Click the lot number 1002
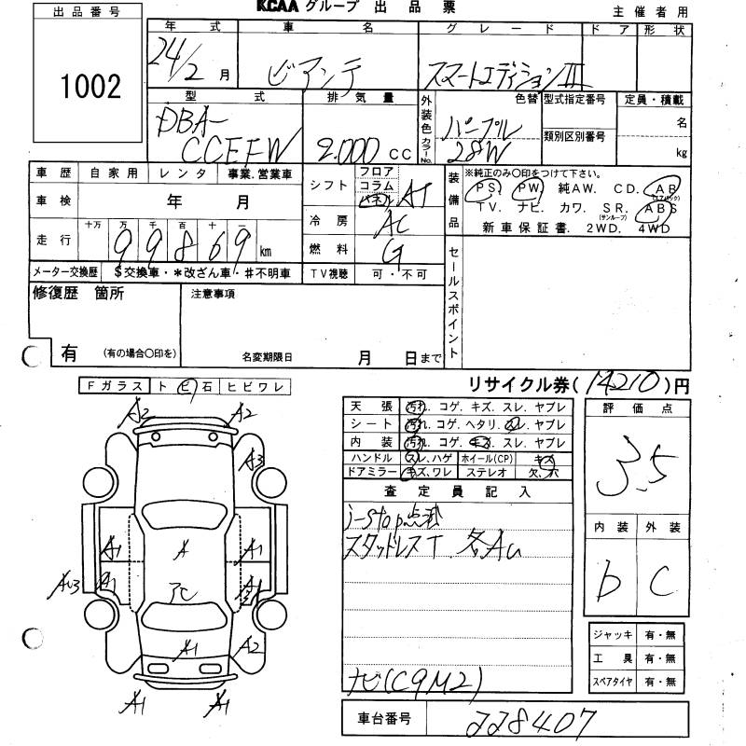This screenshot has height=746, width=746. coord(90,89)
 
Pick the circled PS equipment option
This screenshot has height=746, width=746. coord(485,187)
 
